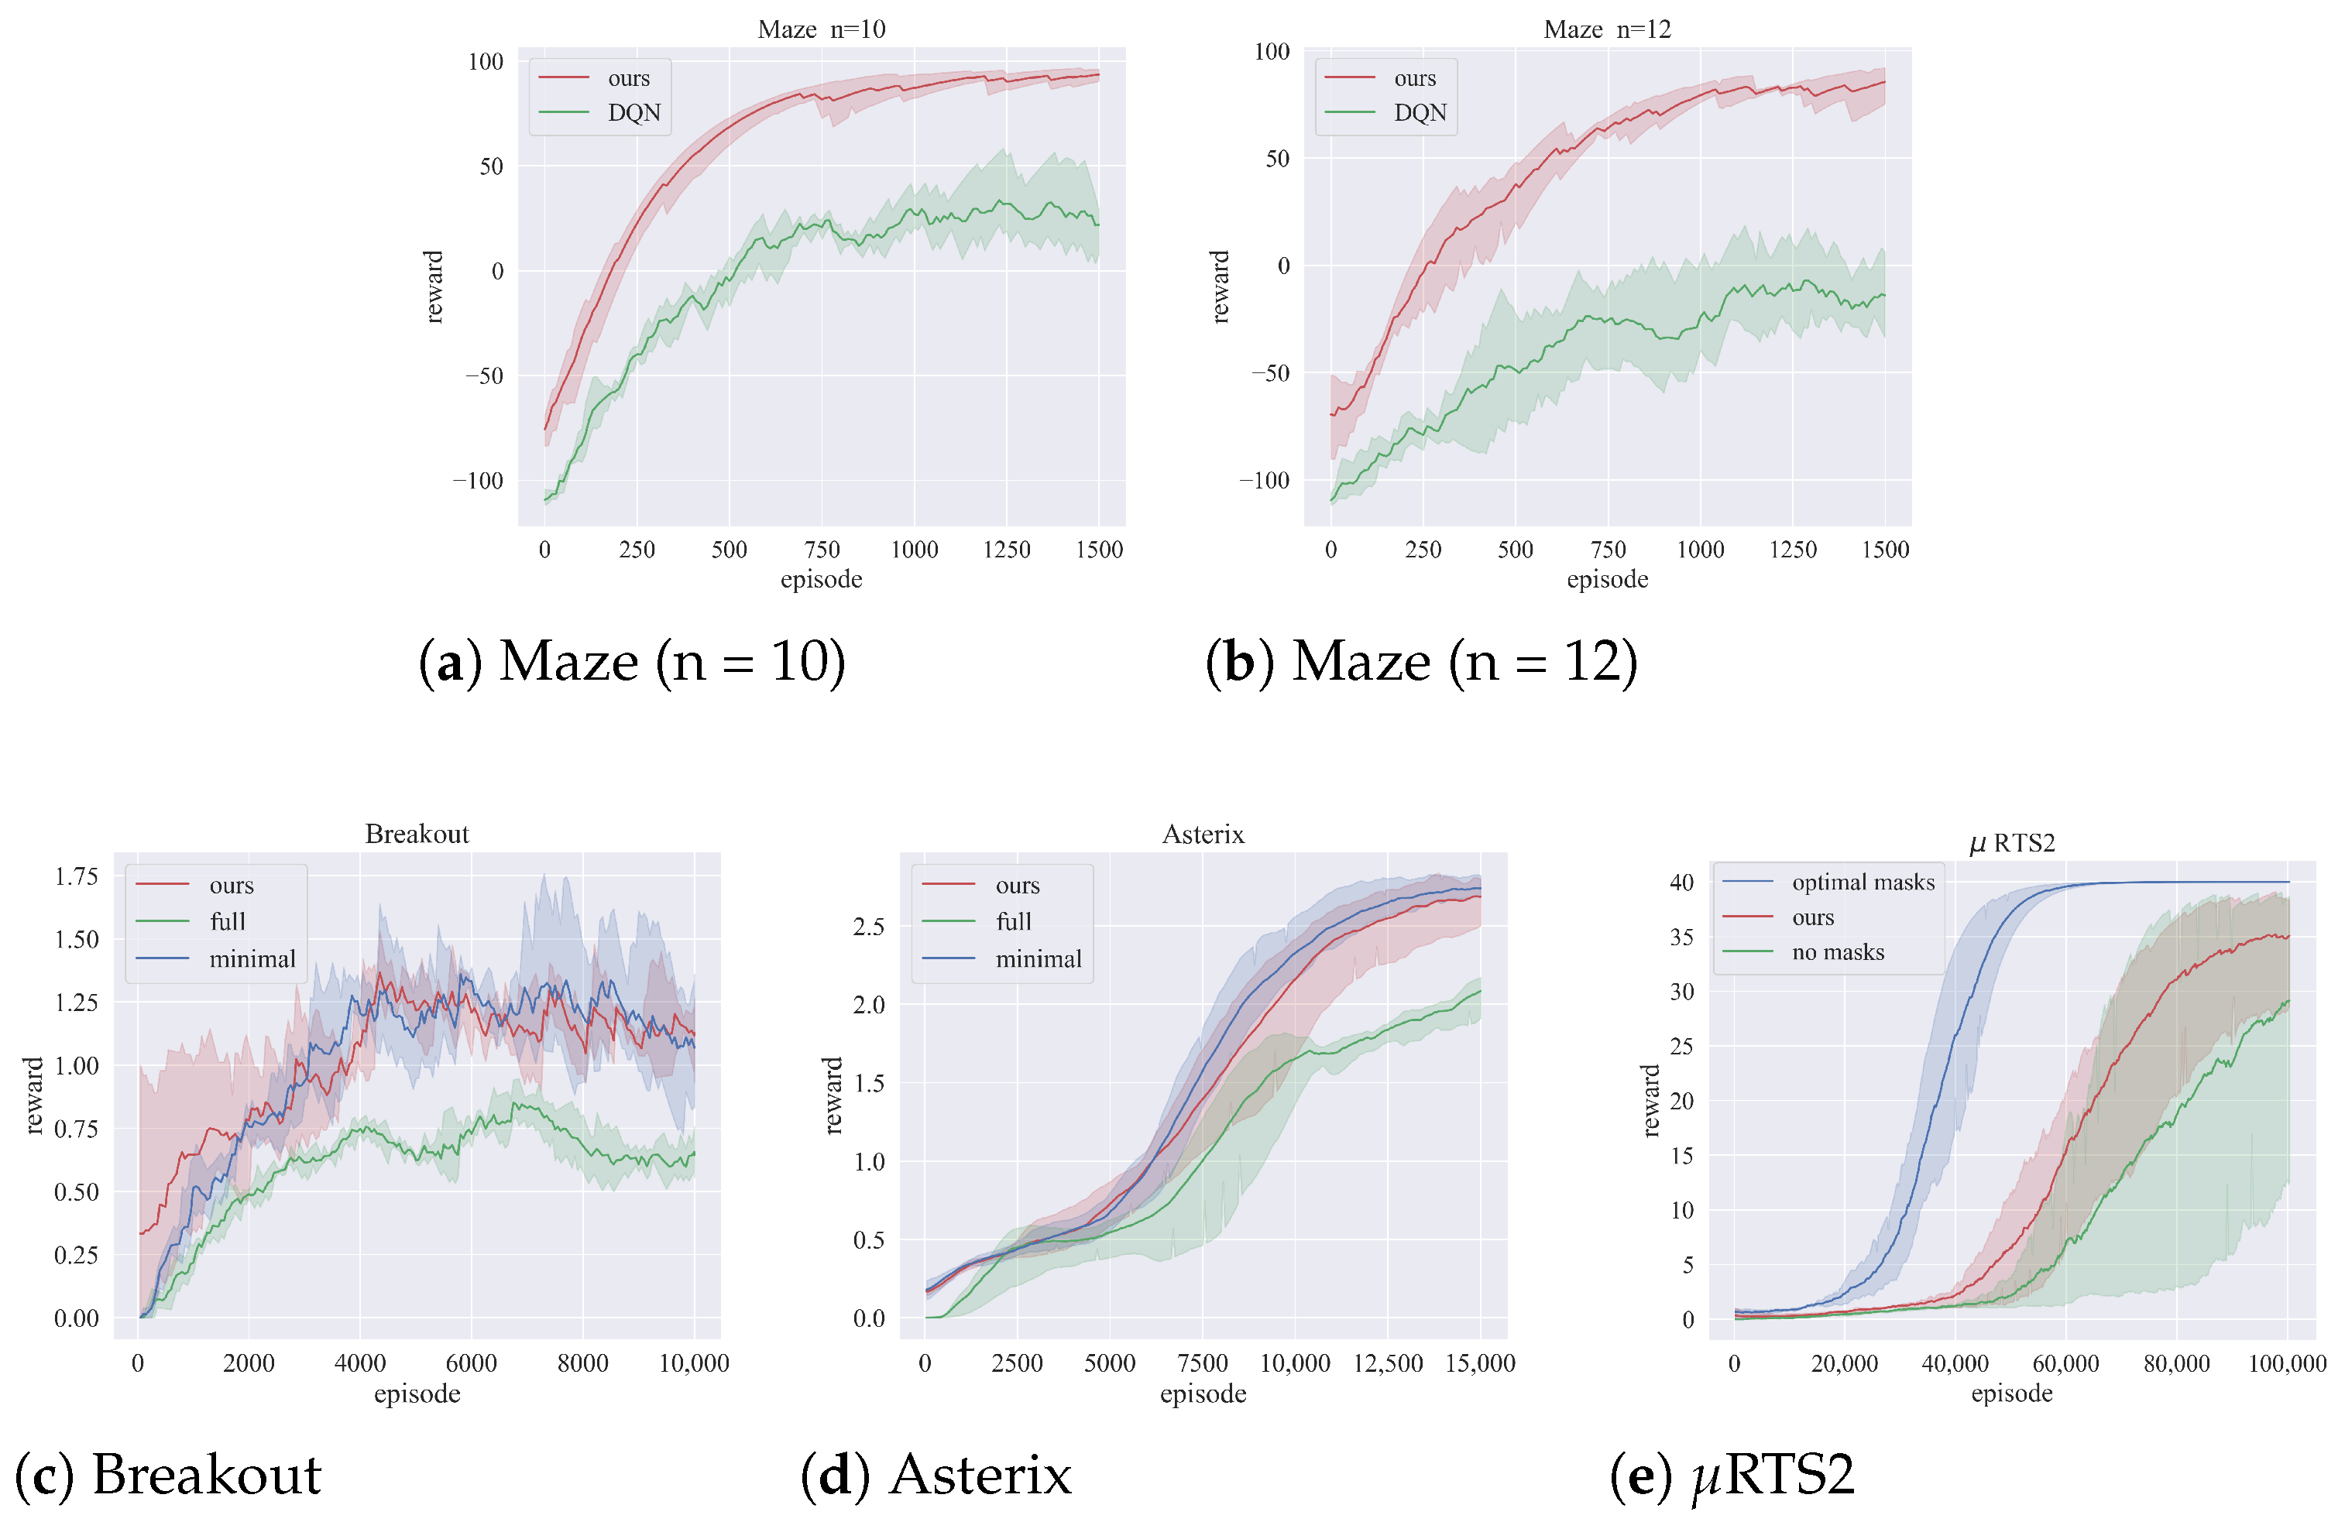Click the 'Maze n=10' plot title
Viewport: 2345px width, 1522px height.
click(x=821, y=29)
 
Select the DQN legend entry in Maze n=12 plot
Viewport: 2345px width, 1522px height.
click(x=1419, y=112)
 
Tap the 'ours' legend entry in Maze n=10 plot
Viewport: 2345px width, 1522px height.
click(x=627, y=78)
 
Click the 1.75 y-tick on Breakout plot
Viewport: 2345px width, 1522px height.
click(x=76, y=876)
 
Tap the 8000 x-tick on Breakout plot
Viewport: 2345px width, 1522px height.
click(x=582, y=1363)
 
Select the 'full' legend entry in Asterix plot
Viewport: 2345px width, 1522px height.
click(x=1013, y=921)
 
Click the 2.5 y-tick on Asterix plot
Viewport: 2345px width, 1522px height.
click(x=868, y=926)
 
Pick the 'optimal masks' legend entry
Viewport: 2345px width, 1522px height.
click(x=1863, y=882)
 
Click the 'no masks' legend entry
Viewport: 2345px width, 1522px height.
click(x=1838, y=951)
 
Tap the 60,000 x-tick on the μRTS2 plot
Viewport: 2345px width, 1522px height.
click(x=2065, y=1363)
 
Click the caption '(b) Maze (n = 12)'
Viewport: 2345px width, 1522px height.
click(x=1421, y=661)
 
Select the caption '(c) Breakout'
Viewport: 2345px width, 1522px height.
click(x=167, y=1475)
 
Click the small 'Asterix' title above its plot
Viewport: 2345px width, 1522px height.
click(x=1203, y=835)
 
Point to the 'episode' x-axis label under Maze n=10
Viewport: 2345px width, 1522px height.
click(x=821, y=579)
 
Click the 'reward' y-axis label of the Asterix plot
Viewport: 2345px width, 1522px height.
click(x=833, y=1095)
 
